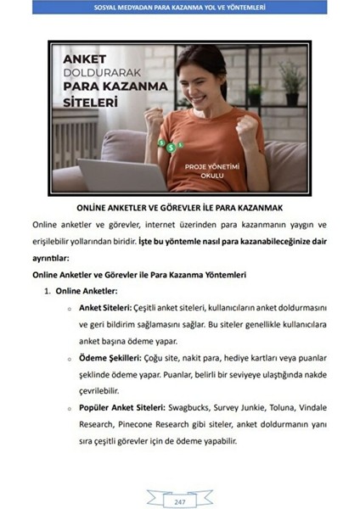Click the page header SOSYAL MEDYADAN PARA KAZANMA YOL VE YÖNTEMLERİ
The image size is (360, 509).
[179, 8]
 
